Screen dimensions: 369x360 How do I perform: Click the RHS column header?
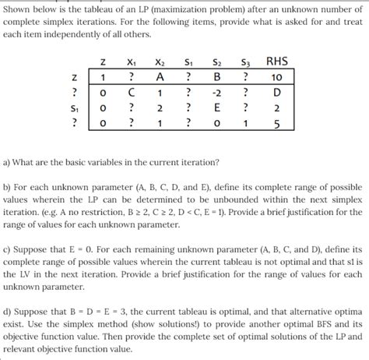[x=276, y=62]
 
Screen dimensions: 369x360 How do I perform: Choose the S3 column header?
[x=245, y=62]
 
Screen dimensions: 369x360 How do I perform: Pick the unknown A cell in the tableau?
[x=159, y=77]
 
